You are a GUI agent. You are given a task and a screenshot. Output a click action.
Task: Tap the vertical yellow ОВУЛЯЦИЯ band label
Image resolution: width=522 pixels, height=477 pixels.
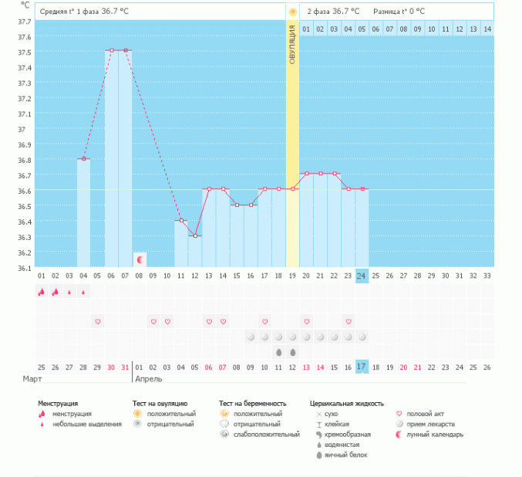[x=292, y=47]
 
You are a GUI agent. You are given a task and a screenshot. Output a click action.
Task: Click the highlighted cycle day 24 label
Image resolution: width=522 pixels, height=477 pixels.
[x=361, y=276]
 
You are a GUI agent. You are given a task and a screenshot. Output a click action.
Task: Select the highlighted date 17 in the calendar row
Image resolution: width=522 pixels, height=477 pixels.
[x=361, y=366]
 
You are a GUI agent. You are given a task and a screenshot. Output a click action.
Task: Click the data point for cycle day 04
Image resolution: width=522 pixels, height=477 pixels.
[x=83, y=158]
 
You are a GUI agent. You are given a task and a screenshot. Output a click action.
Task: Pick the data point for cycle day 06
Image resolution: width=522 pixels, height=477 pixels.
[x=111, y=50]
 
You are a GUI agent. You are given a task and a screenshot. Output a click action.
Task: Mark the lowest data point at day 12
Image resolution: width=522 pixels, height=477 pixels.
[x=195, y=235]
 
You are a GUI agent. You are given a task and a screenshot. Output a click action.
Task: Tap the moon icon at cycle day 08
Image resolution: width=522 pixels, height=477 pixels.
[x=140, y=259]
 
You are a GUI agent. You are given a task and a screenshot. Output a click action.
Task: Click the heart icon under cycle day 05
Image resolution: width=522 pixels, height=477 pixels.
[x=97, y=321]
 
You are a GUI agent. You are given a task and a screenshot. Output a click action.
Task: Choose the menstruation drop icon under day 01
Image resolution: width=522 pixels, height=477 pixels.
[x=41, y=292]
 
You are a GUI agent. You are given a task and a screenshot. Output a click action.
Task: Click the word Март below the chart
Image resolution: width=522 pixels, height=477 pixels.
[x=32, y=379]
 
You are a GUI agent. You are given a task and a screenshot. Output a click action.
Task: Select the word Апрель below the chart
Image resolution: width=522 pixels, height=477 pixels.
[x=148, y=379]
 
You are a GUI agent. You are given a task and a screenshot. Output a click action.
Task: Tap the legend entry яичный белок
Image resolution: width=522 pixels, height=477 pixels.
[x=346, y=455]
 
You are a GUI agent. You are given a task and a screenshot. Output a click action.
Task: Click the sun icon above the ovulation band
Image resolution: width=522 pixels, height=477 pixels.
[x=292, y=12]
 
